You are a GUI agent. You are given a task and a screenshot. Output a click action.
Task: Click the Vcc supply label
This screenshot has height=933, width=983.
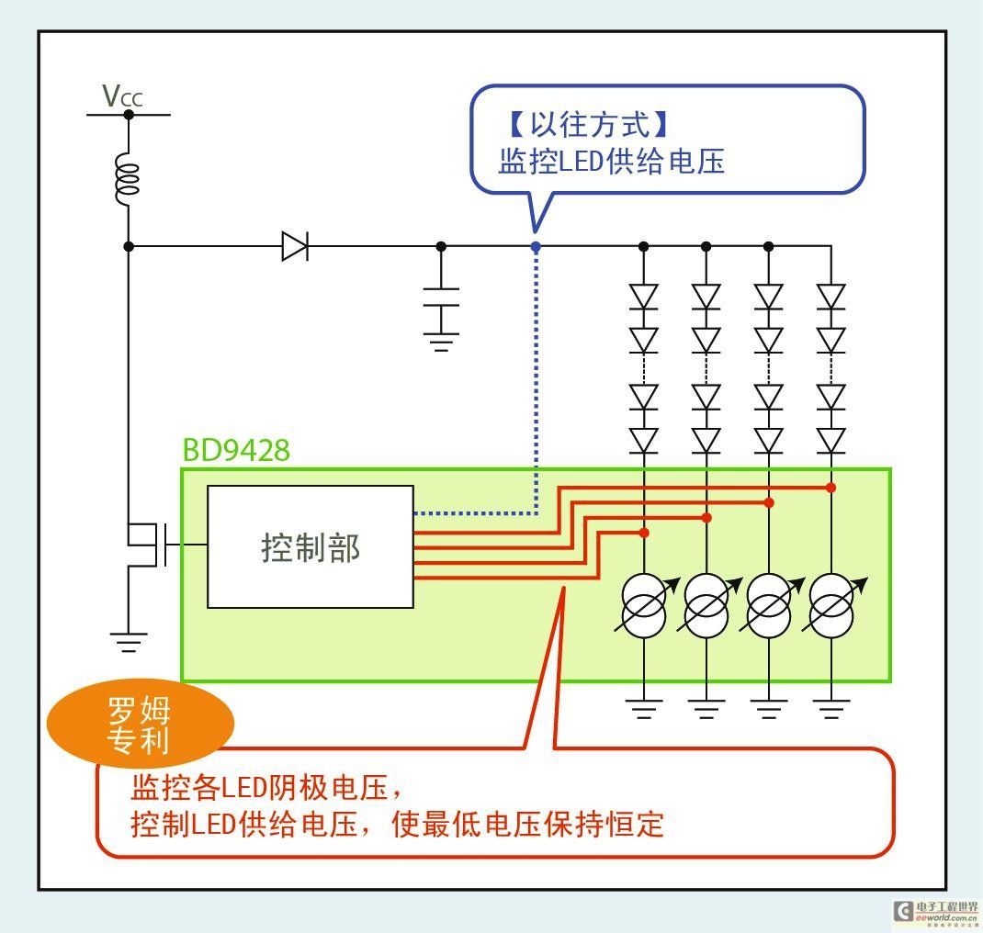tap(122, 96)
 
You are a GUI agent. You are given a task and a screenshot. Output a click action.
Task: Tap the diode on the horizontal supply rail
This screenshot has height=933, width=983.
tap(294, 246)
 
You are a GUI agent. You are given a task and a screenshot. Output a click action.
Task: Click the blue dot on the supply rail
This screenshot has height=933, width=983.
tap(536, 246)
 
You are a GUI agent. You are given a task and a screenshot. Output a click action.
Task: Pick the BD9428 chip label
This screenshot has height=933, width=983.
tap(236, 450)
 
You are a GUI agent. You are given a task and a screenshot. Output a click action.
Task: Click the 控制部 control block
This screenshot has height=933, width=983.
tap(311, 547)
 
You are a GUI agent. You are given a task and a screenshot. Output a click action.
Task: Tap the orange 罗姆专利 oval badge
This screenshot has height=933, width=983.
tap(140, 725)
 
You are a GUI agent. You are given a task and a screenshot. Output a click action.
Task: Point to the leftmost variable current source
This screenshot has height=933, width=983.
tap(644, 605)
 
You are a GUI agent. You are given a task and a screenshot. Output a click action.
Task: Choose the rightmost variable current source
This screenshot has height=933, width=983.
tap(831, 605)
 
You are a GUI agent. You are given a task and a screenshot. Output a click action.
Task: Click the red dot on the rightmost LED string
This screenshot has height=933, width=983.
tap(831, 488)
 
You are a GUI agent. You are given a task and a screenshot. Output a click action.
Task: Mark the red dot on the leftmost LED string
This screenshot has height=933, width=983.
tap(644, 533)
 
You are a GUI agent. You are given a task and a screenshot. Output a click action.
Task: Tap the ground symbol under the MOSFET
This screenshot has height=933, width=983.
tap(128, 641)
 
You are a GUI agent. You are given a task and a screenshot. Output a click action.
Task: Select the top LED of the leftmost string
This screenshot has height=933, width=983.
tap(644, 297)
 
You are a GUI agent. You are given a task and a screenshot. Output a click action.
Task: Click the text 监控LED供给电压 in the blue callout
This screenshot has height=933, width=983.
tap(611, 162)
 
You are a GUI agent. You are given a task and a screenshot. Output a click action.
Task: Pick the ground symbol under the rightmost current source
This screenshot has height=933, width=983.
tap(831, 708)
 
